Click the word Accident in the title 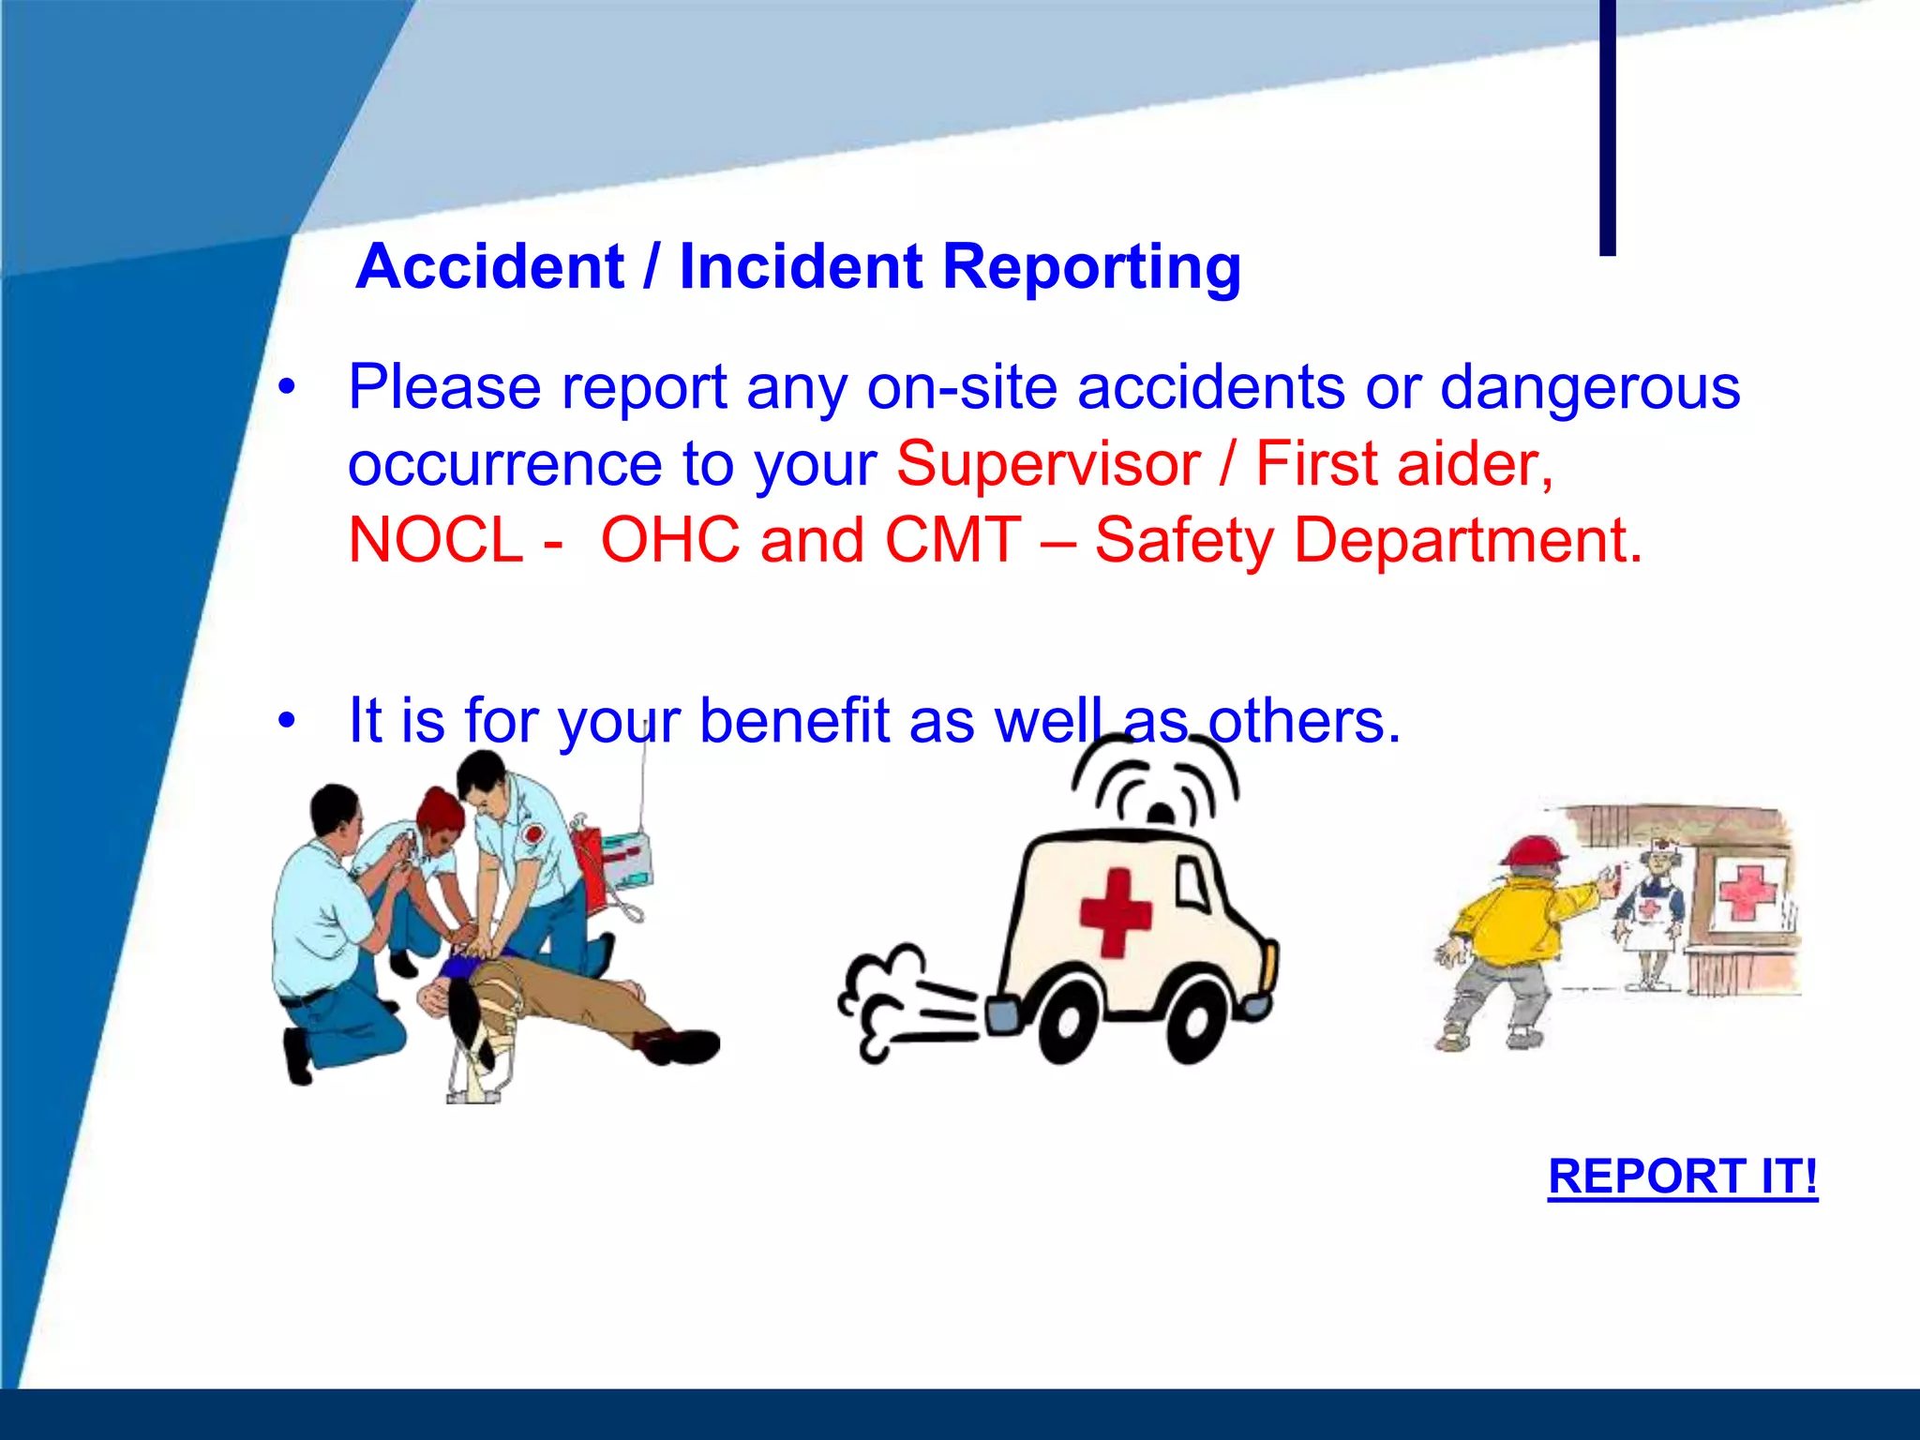coord(489,266)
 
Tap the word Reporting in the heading coord(1091,268)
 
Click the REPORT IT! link coord(1682,1176)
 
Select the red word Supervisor coord(1047,463)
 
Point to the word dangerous coord(1589,387)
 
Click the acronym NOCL coord(435,540)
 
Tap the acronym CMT coord(952,540)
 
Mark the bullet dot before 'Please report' coord(287,386)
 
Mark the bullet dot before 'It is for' coord(287,720)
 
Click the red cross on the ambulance coord(1115,912)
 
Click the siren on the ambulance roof coord(1161,812)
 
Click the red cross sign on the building coord(1745,891)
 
